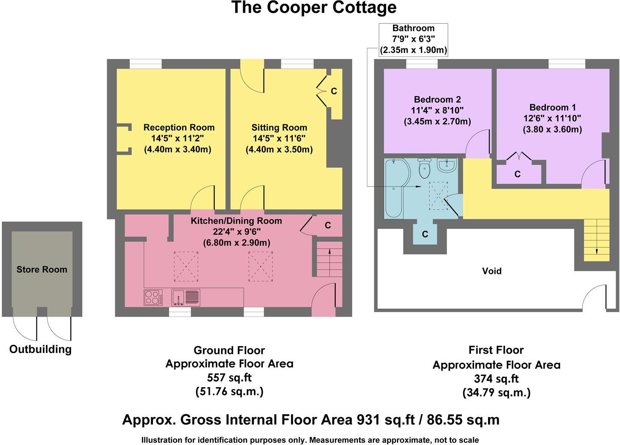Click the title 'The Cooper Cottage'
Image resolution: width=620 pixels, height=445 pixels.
pyautogui.click(x=314, y=8)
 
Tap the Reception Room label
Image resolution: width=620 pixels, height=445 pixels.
pyautogui.click(x=179, y=128)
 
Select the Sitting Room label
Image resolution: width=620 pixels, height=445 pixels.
pyautogui.click(x=279, y=128)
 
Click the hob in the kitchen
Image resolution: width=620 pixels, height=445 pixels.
pyautogui.click(x=153, y=297)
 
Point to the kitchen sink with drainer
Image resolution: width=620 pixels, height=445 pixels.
pyautogui.click(x=185, y=297)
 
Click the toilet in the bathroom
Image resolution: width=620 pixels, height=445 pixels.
pyautogui.click(x=424, y=169)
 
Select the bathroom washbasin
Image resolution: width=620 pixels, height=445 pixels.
pyautogui.click(x=447, y=165)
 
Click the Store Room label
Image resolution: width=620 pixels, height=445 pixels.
pyautogui.click(x=42, y=270)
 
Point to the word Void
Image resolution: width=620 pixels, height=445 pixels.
pyautogui.click(x=492, y=271)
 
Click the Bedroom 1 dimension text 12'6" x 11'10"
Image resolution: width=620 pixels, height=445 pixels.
pyautogui.click(x=552, y=118)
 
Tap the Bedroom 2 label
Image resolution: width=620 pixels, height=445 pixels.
pyautogui.click(x=437, y=99)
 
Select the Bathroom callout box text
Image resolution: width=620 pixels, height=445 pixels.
pyautogui.click(x=413, y=39)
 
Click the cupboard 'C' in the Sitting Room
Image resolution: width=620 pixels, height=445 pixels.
pyautogui.click(x=334, y=91)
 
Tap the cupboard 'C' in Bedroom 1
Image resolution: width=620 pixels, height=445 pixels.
pyautogui.click(x=517, y=174)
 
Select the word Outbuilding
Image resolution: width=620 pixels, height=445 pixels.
pyautogui.click(x=40, y=349)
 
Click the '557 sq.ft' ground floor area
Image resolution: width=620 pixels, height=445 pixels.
pyautogui.click(x=229, y=377)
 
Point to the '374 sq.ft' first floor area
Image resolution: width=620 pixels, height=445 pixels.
pyautogui.click(x=496, y=379)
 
